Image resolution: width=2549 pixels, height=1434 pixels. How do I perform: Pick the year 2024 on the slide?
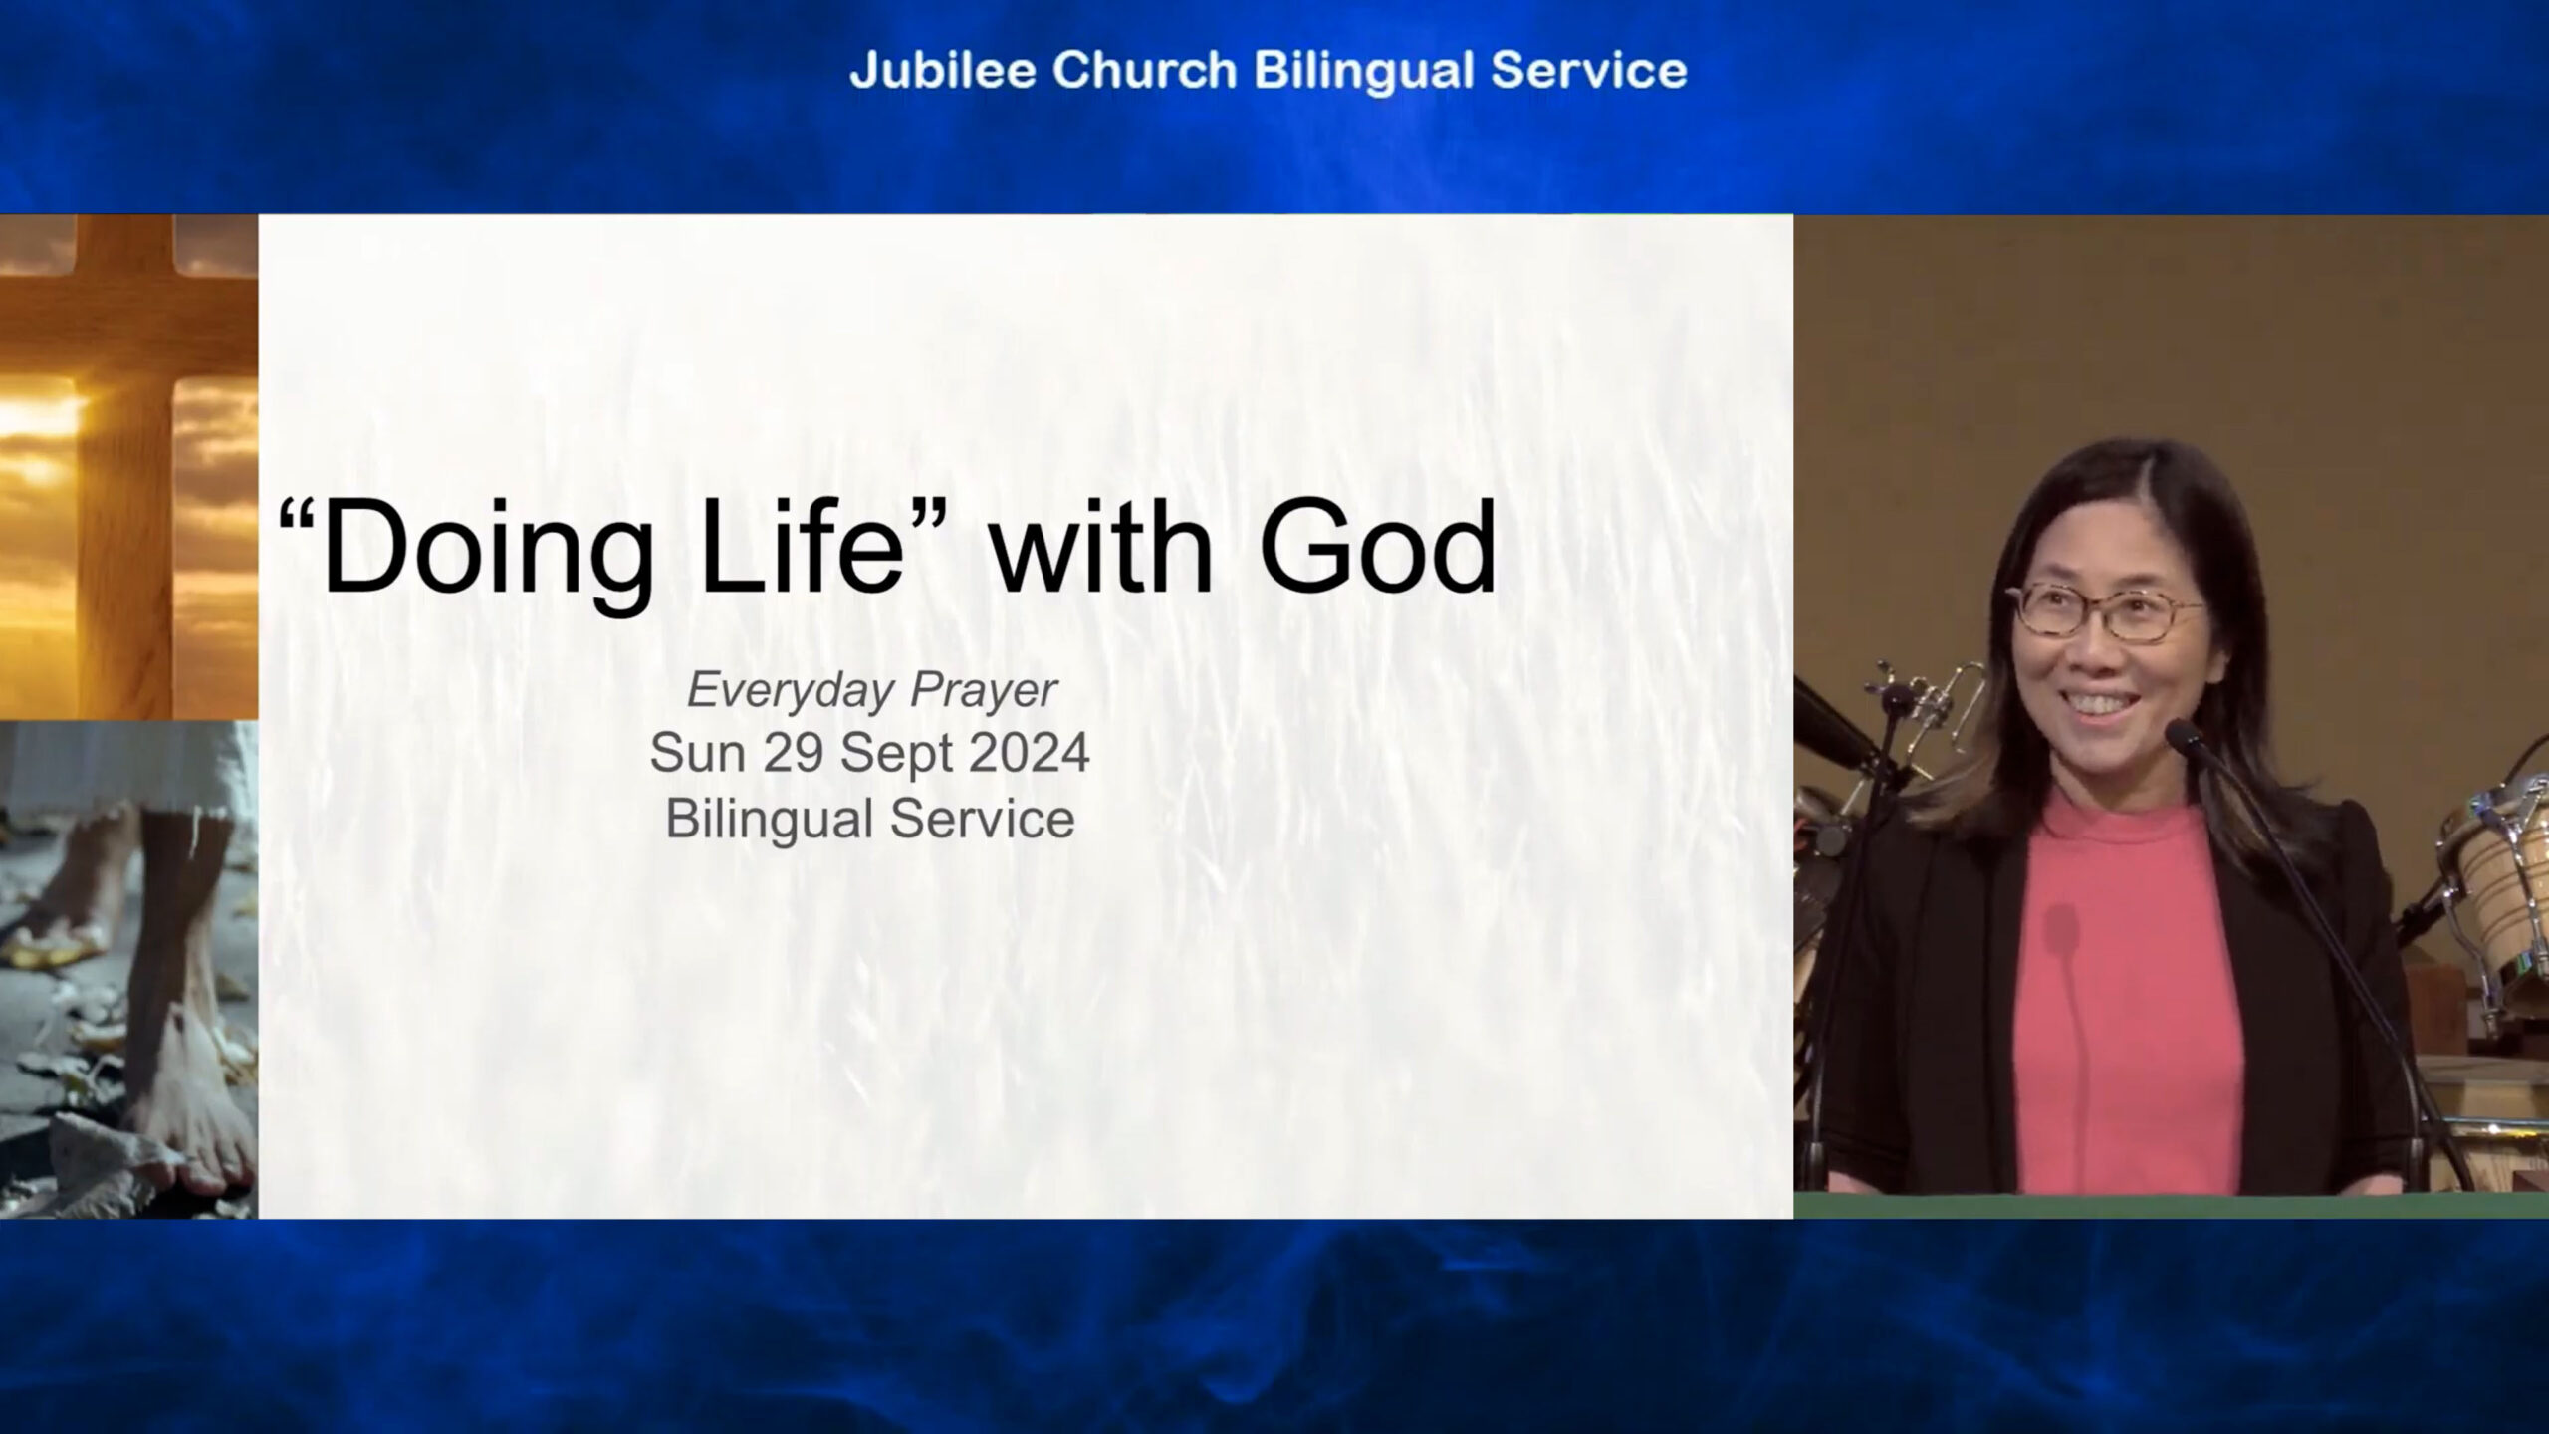[1029, 753]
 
